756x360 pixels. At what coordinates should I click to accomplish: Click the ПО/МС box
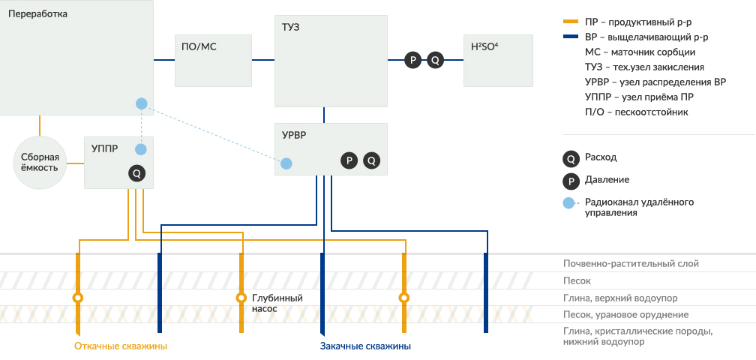212,60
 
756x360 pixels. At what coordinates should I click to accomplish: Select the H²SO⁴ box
498,60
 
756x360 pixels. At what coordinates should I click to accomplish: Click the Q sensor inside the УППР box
136,173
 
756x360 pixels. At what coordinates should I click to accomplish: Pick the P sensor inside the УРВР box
349,160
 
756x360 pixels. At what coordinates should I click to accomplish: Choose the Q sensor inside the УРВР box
371,160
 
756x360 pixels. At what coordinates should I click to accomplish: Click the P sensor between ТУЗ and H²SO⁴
412,60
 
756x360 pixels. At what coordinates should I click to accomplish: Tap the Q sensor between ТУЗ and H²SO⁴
436,60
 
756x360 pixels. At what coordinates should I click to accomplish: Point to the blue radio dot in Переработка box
141,103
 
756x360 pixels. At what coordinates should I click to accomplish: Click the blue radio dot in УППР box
141,149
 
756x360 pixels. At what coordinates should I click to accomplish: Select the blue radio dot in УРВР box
286,162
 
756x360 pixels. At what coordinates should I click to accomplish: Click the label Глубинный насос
277,303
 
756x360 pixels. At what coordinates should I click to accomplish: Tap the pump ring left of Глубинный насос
241,298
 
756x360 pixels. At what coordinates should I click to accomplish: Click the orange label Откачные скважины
120,346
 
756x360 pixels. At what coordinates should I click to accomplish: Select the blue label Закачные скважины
365,346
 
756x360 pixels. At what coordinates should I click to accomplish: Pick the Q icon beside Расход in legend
571,158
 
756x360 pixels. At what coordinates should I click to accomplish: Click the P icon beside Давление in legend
571,180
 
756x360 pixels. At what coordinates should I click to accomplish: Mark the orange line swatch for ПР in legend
571,22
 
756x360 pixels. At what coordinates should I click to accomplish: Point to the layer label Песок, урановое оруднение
625,315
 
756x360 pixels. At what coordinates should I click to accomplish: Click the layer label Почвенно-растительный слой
631,264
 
